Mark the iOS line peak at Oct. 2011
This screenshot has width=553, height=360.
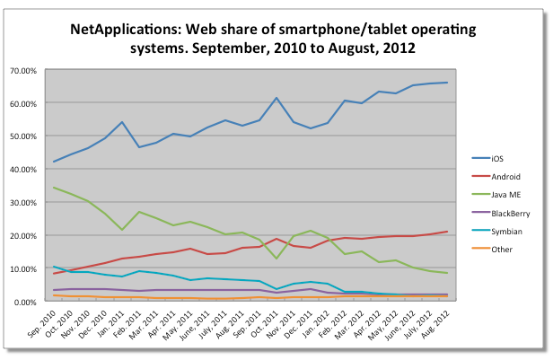click(x=276, y=98)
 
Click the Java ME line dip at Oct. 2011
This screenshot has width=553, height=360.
click(x=276, y=259)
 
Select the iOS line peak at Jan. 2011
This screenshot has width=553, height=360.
click(x=122, y=122)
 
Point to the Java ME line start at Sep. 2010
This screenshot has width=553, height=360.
click(x=54, y=188)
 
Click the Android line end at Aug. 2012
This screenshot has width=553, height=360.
click(x=447, y=232)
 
